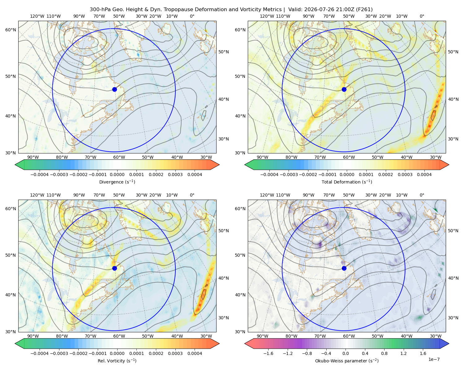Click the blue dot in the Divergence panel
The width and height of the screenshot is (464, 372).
[114, 89]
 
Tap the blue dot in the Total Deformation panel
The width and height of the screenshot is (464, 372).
[344, 89]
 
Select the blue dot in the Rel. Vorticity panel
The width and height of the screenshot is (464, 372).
[114, 268]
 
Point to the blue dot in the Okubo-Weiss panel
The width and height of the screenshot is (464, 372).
[344, 268]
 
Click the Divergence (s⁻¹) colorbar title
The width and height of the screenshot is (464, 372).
[117, 182]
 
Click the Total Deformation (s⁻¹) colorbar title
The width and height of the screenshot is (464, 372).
[347, 182]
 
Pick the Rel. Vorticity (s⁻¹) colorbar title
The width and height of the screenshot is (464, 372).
[117, 361]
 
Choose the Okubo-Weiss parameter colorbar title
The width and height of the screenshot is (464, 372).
[347, 361]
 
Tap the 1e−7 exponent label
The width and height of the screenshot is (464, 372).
[434, 359]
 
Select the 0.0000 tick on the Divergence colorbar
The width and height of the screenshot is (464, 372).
[117, 175]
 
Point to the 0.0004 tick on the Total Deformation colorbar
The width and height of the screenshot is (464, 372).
[424, 175]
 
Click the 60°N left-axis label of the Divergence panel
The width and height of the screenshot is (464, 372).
[11, 30]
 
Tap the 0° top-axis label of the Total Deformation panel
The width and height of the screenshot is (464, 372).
[422, 16]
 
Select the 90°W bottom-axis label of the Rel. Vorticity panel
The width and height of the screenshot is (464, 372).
[33, 336]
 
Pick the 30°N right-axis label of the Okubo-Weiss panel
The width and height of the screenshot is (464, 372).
[453, 317]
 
